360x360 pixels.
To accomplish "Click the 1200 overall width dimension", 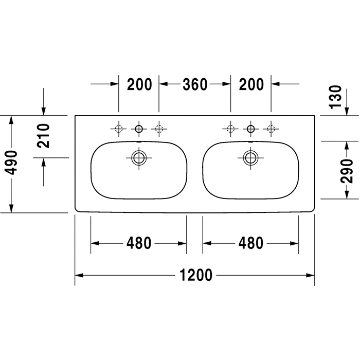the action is pos(196,275).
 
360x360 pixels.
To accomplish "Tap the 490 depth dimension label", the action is pos(11,163).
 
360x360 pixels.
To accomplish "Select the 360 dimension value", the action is pos(195,84).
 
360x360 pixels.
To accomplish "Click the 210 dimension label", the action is pos(43,136).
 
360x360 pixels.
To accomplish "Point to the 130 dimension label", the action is pos(335,97).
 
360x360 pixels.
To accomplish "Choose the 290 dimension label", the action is pos(347,171).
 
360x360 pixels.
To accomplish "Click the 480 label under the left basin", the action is pos(139,243).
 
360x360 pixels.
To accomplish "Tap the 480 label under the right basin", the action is pos(251,243).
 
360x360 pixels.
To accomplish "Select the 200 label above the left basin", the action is pos(139,84).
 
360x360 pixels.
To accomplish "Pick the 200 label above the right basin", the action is pos(251,84).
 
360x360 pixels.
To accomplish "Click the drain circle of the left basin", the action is pos(139,158).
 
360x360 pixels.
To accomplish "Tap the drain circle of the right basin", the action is pos(251,158).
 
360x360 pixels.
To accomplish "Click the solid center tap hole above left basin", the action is pos(139,129).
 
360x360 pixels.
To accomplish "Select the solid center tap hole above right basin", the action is pos(251,129).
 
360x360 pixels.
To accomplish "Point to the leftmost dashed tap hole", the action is pos(119,129).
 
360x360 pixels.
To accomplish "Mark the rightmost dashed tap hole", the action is pos(271,129).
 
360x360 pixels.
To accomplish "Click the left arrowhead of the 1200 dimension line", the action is pos(79,275).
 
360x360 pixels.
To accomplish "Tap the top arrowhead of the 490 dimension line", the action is pos(11,120).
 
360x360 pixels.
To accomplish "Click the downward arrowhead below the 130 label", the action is pos(347,112).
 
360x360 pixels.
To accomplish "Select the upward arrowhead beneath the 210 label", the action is pos(43,162).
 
